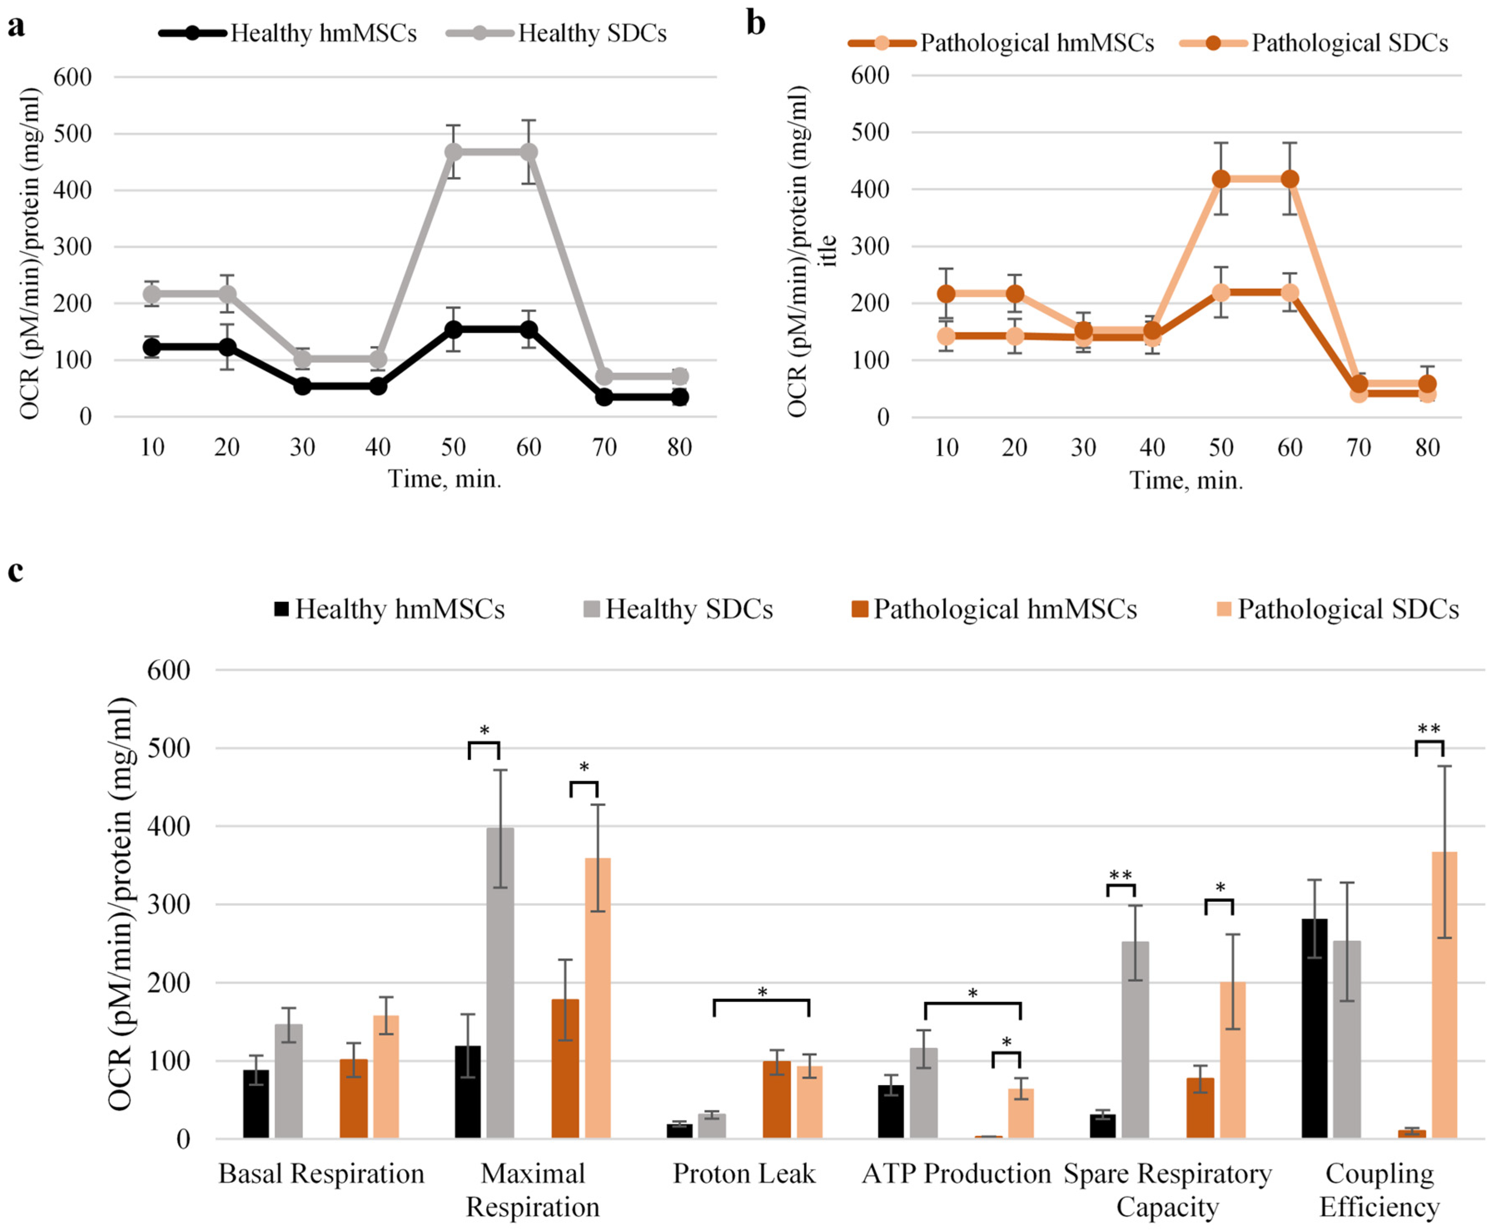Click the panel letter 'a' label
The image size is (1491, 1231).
(15, 27)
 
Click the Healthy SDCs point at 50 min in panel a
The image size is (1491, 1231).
(454, 152)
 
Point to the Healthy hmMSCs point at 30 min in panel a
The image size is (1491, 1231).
(303, 386)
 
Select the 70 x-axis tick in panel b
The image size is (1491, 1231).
(1358, 448)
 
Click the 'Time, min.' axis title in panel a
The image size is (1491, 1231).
(445, 479)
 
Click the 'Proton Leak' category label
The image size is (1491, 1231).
(744, 1174)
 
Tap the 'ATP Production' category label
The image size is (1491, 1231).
(956, 1174)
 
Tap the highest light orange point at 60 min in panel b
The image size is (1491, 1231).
(1290, 179)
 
